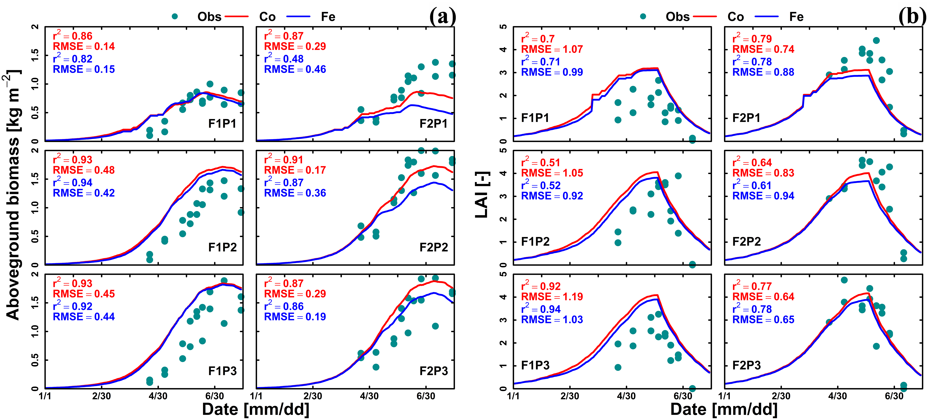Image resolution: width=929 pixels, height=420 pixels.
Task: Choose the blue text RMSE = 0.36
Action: click(x=295, y=193)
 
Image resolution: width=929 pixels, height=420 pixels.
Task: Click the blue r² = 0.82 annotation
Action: click(x=72, y=58)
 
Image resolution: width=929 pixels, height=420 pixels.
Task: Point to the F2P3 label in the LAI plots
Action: click(x=747, y=365)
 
